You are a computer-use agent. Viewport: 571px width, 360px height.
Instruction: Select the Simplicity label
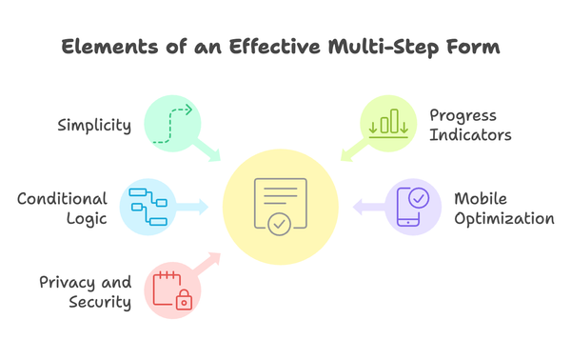click(x=93, y=126)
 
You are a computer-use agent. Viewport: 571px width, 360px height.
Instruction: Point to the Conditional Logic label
click(x=62, y=209)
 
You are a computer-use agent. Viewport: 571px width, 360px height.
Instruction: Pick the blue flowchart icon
click(x=148, y=208)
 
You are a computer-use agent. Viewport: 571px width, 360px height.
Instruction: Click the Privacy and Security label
click(x=85, y=292)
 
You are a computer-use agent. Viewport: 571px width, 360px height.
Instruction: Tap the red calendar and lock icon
click(x=172, y=290)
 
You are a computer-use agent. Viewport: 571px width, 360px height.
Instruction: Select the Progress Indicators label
click(x=470, y=125)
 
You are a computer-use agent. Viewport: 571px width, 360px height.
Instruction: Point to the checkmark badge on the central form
click(x=278, y=225)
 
